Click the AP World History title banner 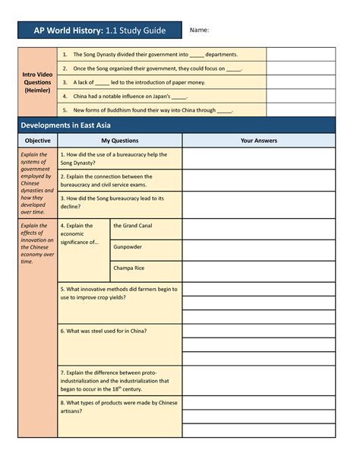click(99, 30)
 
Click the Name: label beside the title click(199, 30)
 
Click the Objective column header click(38, 141)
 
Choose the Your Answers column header click(258, 141)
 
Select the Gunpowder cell click(145, 247)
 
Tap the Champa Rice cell click(145, 268)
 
